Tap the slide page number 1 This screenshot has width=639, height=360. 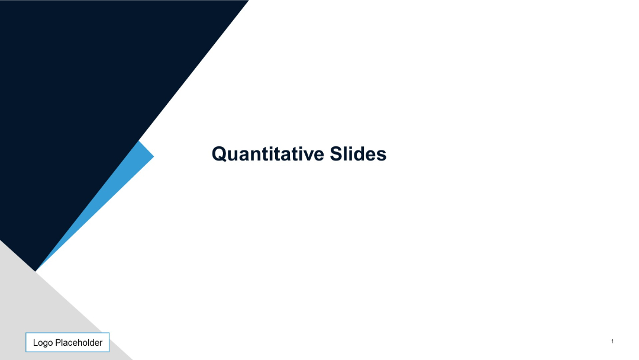coord(612,341)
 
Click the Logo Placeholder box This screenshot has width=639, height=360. coord(67,342)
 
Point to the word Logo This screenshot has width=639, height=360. coord(43,343)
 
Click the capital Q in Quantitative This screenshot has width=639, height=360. coord(219,155)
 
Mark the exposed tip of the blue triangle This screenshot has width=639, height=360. coord(152,156)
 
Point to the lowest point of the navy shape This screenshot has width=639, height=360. coord(35,270)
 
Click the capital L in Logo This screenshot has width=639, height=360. coord(35,343)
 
